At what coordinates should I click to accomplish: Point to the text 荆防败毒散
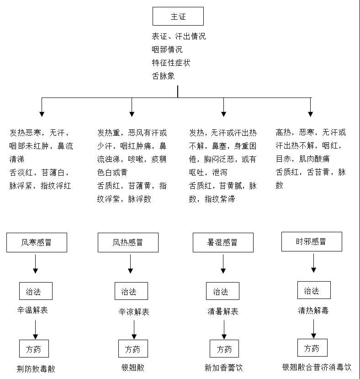(x=36, y=369)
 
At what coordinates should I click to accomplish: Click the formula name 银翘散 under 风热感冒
(x=133, y=368)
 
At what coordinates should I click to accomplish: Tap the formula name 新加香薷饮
(x=223, y=368)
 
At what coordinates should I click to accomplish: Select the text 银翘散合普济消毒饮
(x=317, y=367)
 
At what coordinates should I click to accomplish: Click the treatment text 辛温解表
(x=32, y=310)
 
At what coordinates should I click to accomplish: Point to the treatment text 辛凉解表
(x=134, y=312)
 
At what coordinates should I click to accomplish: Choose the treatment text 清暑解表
(x=223, y=311)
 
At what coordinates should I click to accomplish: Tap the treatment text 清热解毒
(x=313, y=310)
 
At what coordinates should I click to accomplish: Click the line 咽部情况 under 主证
(x=167, y=49)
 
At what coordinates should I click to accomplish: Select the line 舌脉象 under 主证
(x=164, y=76)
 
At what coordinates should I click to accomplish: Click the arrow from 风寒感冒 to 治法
(x=36, y=264)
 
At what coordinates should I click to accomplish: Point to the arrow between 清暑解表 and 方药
(x=224, y=330)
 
